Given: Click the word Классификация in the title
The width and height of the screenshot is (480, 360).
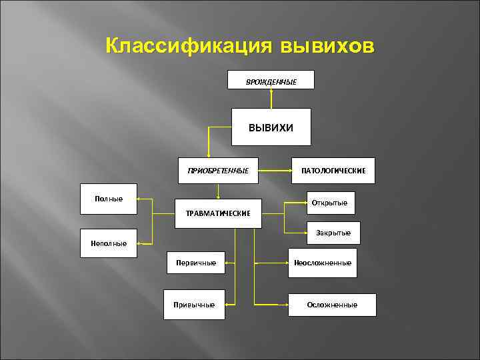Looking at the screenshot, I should click(x=189, y=47).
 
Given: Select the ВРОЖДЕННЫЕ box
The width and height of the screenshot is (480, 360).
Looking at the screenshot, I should click(x=271, y=80).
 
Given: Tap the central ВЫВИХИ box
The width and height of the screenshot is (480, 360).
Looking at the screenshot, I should click(x=271, y=127).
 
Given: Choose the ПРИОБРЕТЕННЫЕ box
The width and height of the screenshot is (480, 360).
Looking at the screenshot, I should click(x=218, y=171).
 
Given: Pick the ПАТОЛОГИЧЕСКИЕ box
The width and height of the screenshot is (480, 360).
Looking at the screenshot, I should click(x=333, y=171).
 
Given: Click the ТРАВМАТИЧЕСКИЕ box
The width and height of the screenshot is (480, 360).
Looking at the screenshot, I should click(x=218, y=213).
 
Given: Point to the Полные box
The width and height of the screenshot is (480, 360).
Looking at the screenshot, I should click(x=108, y=199).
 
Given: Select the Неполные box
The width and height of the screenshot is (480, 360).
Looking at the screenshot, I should click(x=108, y=243).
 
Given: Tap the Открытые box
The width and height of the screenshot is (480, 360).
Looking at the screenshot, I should click(x=331, y=203).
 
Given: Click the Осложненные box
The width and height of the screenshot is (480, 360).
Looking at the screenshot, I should click(x=332, y=305).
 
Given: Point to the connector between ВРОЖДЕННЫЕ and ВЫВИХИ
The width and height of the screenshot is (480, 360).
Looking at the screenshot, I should click(x=271, y=98).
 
